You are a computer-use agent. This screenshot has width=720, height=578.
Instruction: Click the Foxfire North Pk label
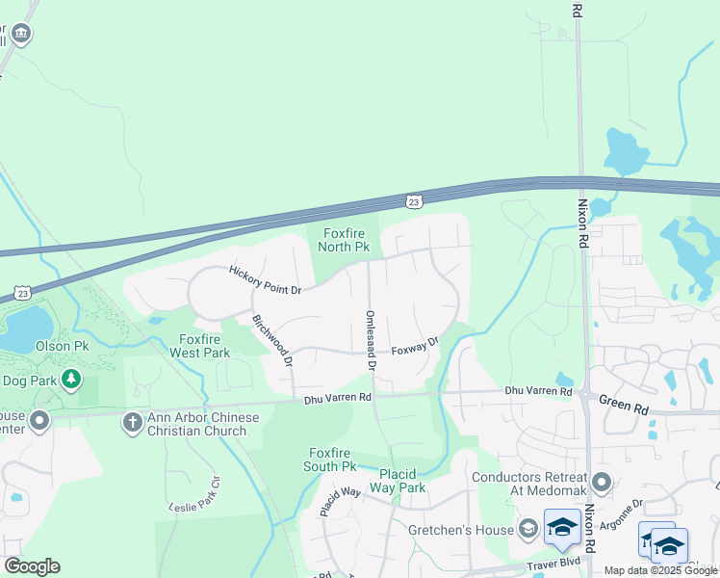coord(346,240)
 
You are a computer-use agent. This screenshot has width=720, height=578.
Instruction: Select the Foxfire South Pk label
coord(332,460)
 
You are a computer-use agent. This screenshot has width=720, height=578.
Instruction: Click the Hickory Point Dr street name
coord(265,280)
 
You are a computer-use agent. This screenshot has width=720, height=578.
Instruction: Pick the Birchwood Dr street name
coord(271,341)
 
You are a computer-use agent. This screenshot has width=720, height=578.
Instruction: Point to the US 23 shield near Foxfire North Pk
coord(413,201)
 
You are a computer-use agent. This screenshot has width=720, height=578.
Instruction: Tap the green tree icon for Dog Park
coord(70,380)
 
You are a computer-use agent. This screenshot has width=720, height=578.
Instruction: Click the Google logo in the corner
coord(32,565)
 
